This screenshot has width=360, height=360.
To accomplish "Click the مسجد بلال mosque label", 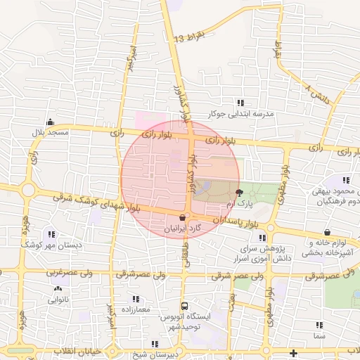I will pyautogui.click(x=49, y=132).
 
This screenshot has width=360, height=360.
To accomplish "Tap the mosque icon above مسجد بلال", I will pyautogui.click(x=49, y=122).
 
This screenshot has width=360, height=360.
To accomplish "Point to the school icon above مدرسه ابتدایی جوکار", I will pyautogui.click(x=240, y=103).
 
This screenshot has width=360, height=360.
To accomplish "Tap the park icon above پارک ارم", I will pyautogui.click(x=239, y=192).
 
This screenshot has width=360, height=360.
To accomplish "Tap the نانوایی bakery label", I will pyautogui.click(x=58, y=300).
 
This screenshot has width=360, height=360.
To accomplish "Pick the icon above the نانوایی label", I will pyautogui.click(x=57, y=289).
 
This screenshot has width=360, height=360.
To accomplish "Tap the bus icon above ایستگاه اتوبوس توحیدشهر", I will pyautogui.click(x=184, y=307).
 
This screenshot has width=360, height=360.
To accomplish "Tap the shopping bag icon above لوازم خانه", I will pyautogui.click(x=327, y=233).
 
